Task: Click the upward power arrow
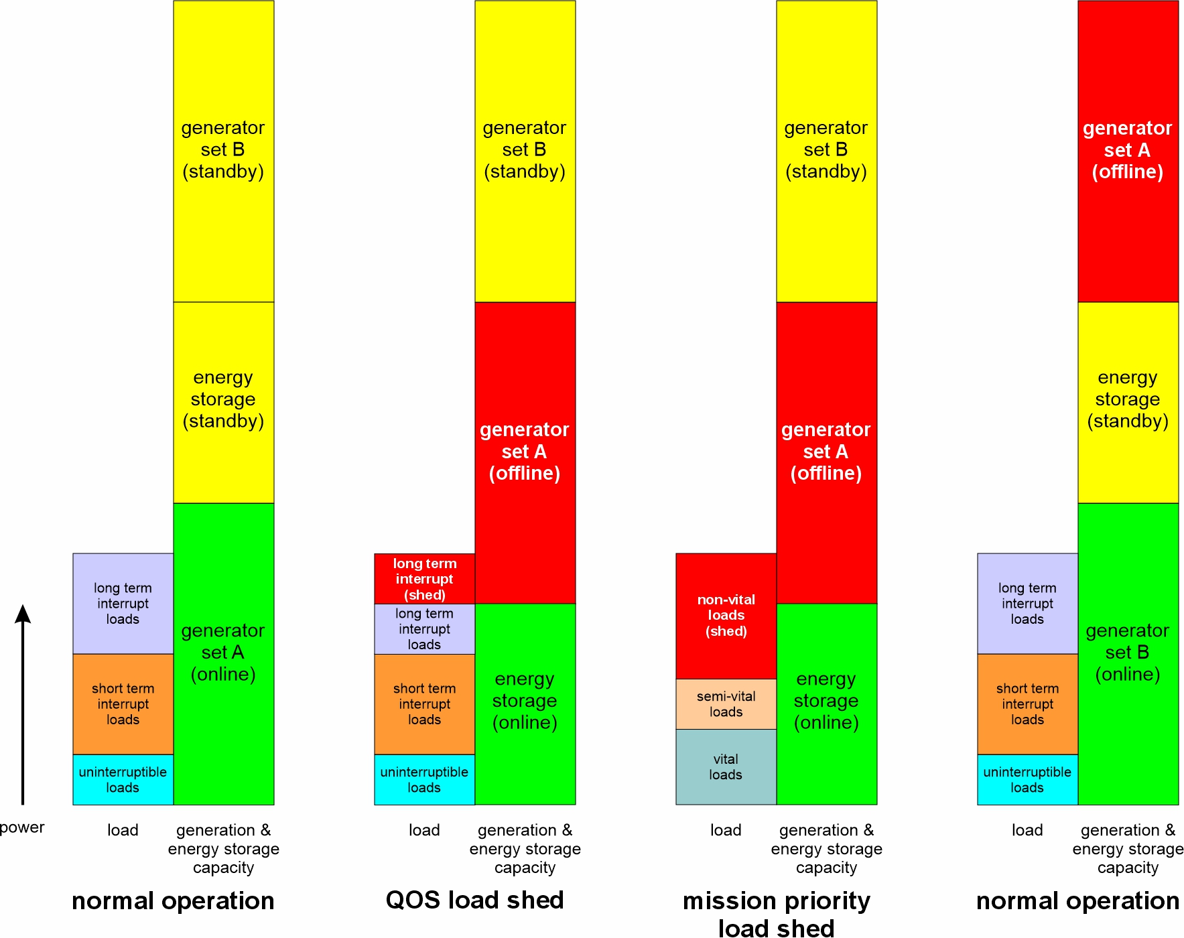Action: click(23, 703)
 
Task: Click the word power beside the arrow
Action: click(22, 827)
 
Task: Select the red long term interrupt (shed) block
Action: click(424, 579)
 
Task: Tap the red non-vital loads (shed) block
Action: click(726, 616)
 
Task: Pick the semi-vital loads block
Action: click(726, 704)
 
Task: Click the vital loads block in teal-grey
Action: click(726, 767)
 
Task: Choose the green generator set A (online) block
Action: click(223, 653)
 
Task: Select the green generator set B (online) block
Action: click(1128, 653)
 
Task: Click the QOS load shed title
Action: click(474, 900)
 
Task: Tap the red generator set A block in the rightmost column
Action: click(1128, 151)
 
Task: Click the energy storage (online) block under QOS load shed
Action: click(525, 703)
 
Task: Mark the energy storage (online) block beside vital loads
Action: click(826, 703)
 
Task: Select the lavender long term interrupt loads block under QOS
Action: click(424, 629)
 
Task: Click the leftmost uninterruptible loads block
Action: click(123, 780)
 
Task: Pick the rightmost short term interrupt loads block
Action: click(1027, 704)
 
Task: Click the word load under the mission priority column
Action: click(726, 830)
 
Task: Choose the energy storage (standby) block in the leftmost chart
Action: click(223, 402)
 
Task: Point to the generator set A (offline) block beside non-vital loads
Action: click(826, 452)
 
